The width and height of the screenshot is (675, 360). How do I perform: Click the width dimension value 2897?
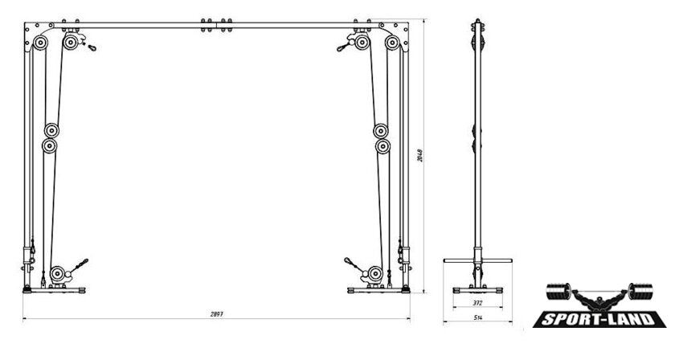point(215,315)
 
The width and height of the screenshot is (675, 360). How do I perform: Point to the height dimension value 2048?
point(420,157)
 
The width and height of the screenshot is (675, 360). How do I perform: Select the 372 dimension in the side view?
point(477,303)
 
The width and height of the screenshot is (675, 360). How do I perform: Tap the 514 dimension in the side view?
point(477,318)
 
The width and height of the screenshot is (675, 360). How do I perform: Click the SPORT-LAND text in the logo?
point(600,320)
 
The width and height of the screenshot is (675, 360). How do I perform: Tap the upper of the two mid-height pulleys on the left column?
point(53,130)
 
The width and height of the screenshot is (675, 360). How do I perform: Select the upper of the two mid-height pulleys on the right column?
point(382,130)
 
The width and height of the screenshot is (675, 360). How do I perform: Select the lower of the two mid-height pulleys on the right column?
point(382,146)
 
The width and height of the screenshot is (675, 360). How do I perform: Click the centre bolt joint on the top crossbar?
point(215,25)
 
